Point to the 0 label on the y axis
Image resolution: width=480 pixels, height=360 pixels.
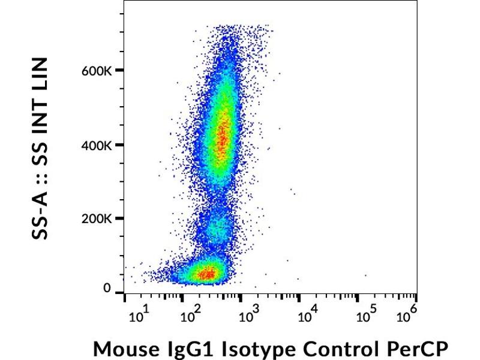(107, 289)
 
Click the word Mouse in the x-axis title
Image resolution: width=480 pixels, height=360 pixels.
(122, 348)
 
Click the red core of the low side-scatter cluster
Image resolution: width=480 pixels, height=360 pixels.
(207, 274)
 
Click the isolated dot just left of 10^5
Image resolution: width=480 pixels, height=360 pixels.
(365, 275)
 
